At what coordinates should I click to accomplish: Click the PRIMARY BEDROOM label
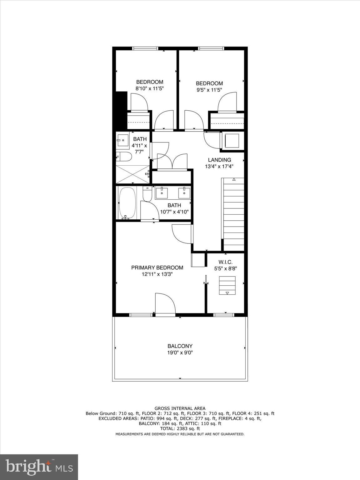(157, 268)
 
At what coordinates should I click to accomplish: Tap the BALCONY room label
(180, 346)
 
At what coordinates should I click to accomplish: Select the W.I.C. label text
(225, 262)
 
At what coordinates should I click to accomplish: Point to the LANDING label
(219, 160)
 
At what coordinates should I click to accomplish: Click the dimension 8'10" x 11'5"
(149, 88)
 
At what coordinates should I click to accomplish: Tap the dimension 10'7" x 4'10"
(174, 212)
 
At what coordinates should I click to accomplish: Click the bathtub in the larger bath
(127, 203)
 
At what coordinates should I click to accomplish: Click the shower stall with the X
(132, 174)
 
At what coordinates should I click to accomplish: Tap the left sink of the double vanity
(162, 193)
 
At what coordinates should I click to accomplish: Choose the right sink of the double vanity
(184, 193)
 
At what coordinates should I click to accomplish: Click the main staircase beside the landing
(233, 212)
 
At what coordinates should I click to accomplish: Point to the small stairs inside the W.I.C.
(227, 285)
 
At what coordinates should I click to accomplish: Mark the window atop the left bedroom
(145, 48)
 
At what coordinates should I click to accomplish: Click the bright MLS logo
(39, 467)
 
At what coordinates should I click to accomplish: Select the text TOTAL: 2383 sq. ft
(180, 429)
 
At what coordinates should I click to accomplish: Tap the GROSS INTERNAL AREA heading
(180, 408)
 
